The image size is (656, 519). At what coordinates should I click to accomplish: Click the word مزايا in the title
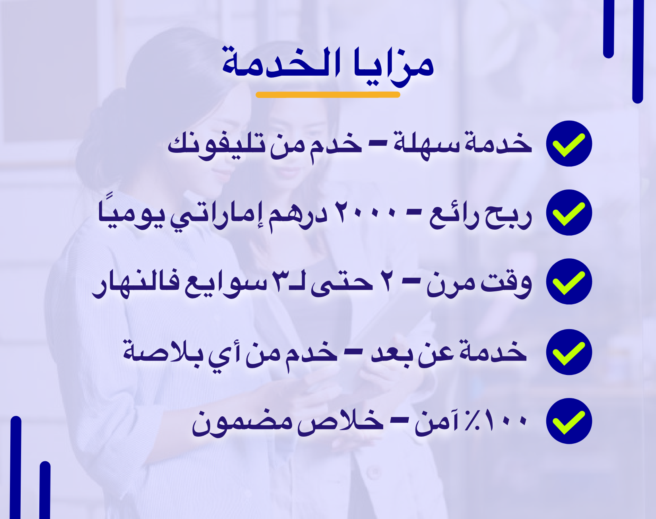point(394,66)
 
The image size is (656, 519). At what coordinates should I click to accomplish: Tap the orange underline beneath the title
point(328,95)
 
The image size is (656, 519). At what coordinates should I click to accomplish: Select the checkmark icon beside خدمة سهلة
point(569,144)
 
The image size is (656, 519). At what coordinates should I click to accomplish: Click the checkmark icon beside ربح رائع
point(569,213)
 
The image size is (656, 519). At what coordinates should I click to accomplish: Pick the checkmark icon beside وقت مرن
point(569,281)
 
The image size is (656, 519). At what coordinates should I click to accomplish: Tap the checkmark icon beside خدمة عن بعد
point(569,352)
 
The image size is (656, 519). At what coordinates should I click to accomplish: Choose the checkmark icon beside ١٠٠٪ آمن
point(569,421)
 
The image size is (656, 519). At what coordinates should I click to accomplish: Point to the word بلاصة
point(163,350)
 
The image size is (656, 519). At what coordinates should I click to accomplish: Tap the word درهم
point(298,217)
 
